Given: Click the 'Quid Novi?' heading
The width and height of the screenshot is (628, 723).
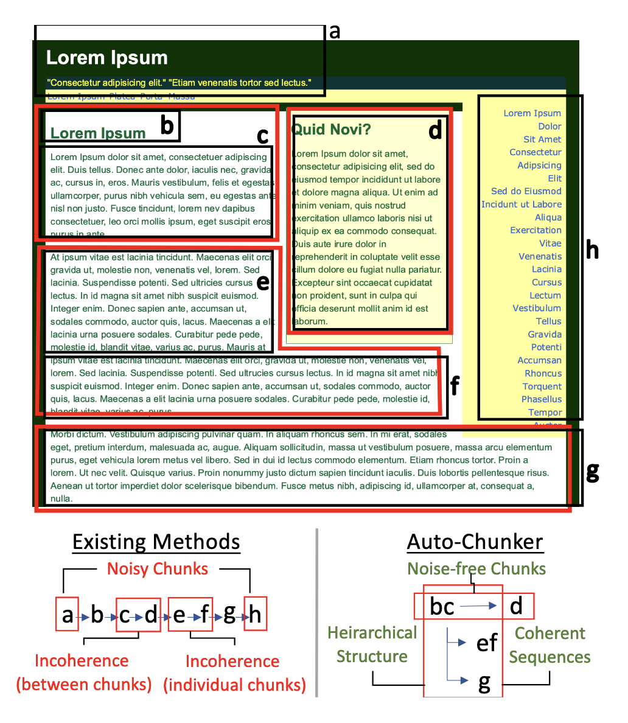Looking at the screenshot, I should (x=331, y=129).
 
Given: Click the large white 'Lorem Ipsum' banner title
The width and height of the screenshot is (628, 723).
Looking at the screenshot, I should (x=107, y=58).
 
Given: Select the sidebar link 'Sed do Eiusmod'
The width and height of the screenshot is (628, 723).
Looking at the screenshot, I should (x=526, y=191).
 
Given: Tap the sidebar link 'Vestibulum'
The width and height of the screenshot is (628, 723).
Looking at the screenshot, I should (x=537, y=308).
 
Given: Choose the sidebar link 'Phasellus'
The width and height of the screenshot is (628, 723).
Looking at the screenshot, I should (x=542, y=399).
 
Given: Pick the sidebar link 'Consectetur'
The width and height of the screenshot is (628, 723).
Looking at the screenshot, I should (x=536, y=152).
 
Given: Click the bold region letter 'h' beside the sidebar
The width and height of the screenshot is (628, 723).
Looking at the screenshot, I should (x=592, y=250).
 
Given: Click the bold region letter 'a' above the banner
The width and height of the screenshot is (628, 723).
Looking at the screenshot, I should (x=334, y=31).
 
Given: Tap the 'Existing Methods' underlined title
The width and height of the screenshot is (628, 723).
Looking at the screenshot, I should (x=156, y=542).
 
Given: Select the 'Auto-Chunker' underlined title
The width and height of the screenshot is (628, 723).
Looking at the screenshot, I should (x=475, y=542).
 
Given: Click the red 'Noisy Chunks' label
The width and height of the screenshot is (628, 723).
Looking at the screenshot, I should (x=158, y=569).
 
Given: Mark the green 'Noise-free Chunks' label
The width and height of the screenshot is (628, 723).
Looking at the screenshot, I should (x=476, y=569).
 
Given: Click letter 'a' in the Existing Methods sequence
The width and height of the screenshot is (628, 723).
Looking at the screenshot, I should (x=67, y=615).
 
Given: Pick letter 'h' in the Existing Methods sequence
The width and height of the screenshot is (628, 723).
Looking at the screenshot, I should (x=255, y=615).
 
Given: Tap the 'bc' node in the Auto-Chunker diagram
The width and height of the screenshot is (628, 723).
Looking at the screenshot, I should (x=442, y=606).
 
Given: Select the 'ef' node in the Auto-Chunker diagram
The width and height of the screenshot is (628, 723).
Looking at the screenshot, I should (x=487, y=643).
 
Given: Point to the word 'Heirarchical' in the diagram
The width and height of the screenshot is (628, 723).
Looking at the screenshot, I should (x=372, y=633).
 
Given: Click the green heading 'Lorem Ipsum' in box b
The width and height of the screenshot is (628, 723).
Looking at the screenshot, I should (x=98, y=133).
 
